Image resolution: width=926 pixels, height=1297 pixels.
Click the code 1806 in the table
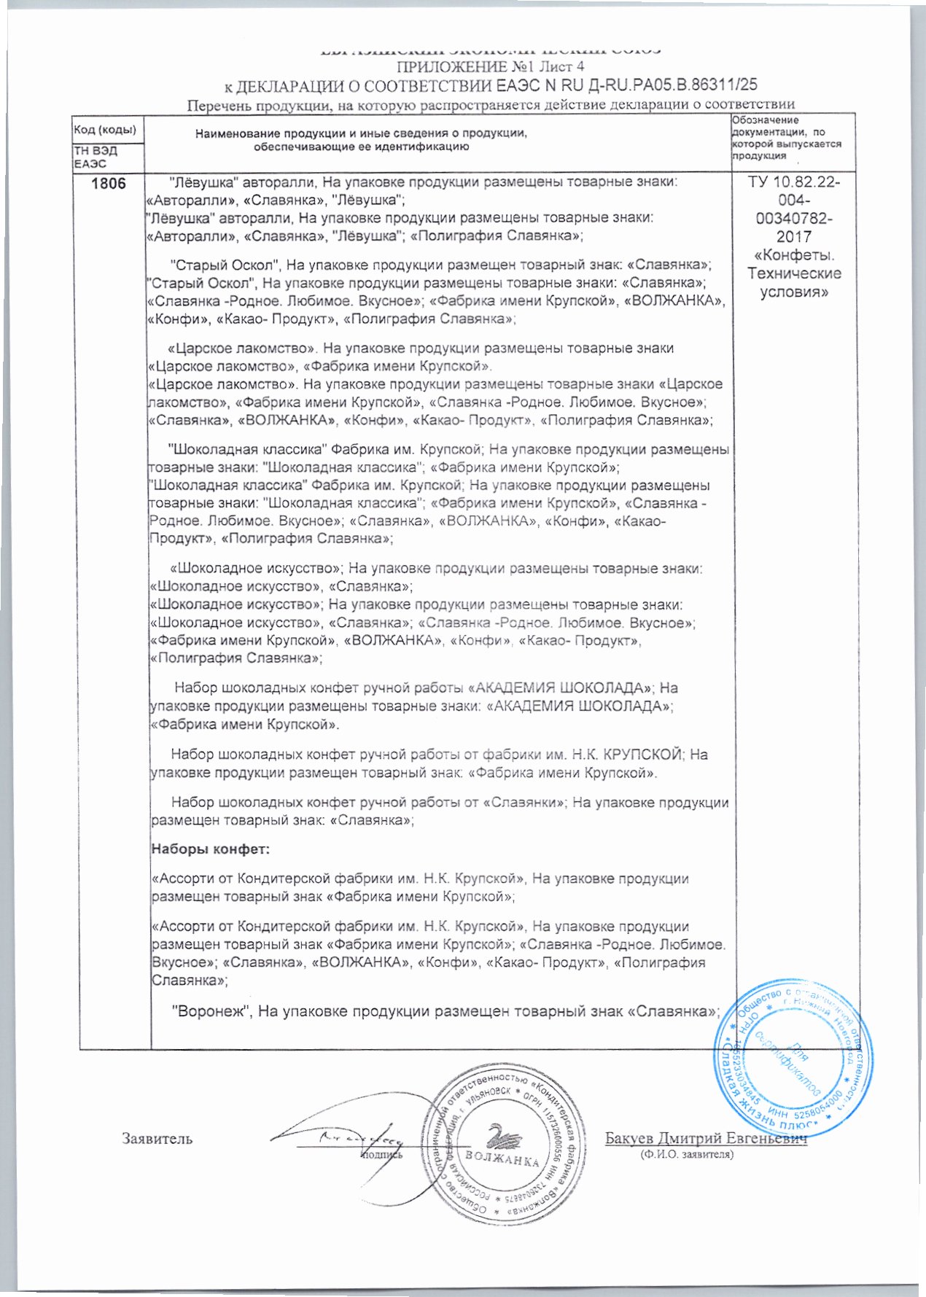click(108, 183)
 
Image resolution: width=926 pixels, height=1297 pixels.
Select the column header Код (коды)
click(106, 131)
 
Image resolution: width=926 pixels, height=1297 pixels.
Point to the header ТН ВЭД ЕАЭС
click(96, 157)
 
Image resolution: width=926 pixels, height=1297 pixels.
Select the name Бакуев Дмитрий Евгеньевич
click(706, 1139)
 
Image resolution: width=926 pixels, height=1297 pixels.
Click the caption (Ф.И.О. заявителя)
click(686, 1154)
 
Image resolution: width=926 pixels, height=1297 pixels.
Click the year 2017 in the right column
click(794, 237)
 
